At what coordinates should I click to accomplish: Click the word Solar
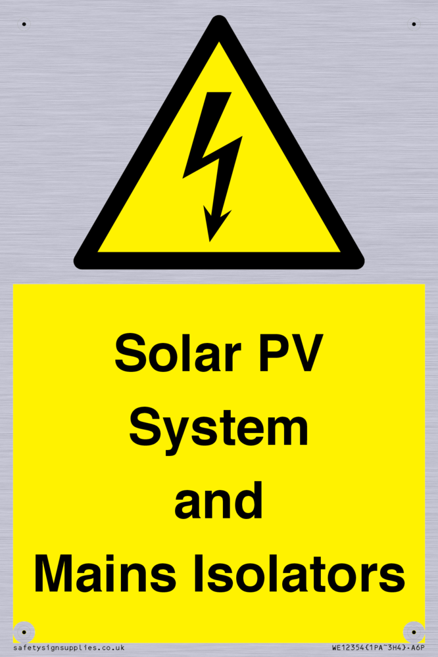tap(178, 353)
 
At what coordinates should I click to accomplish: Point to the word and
tap(218, 500)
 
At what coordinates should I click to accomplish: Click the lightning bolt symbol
tap(212, 167)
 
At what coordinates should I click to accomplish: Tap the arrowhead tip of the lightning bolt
tap(210, 241)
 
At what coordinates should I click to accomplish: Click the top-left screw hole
tap(24, 24)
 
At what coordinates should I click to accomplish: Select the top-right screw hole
tap(414, 24)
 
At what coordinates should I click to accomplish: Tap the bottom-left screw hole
tap(24, 632)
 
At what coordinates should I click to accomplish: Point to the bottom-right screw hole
tap(414, 632)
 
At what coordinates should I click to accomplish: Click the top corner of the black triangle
tap(219, 17)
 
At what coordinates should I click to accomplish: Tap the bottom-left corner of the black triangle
tap(76, 265)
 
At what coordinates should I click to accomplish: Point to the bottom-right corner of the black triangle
tap(362, 265)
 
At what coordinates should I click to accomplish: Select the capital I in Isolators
tap(198, 573)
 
